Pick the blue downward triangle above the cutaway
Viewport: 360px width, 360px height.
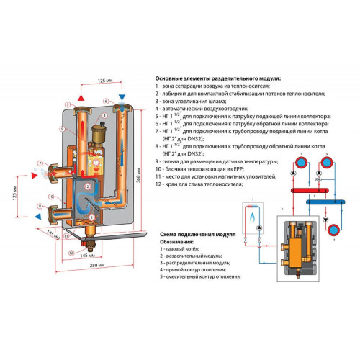click(x=122, y=96)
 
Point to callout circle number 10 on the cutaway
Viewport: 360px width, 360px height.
click(x=51, y=195)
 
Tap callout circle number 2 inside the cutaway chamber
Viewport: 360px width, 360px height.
click(x=86, y=186)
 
